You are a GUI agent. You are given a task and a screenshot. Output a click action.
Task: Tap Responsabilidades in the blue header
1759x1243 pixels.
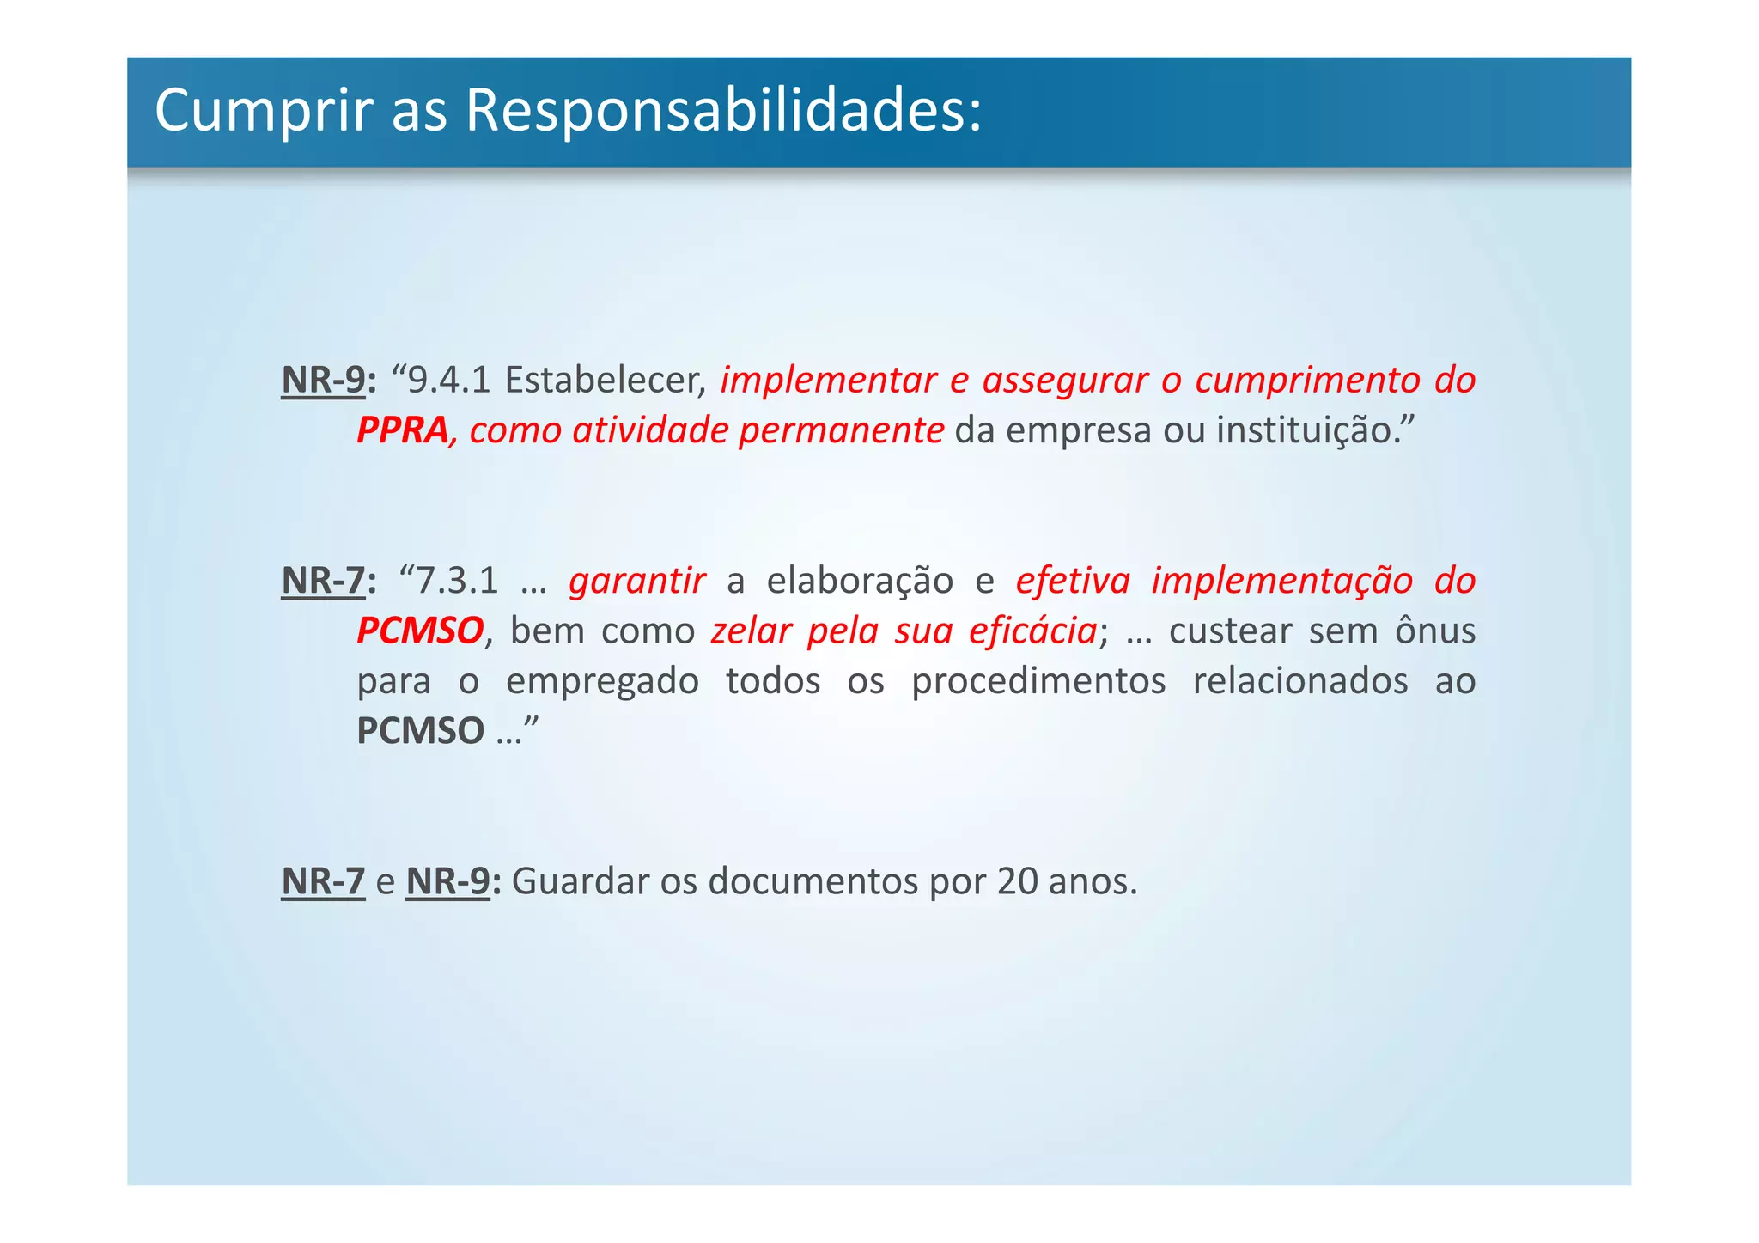723,112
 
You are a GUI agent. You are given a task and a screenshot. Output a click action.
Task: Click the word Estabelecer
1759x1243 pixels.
606,381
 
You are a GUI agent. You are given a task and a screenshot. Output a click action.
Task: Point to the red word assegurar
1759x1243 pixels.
1065,381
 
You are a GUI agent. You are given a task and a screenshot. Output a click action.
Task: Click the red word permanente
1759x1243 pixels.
841,430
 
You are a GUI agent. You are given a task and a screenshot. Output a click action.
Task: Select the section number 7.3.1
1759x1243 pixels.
457,582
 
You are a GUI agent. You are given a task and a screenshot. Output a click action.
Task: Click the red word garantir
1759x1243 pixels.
637,582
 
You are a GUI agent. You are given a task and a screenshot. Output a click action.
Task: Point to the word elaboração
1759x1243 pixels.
860,582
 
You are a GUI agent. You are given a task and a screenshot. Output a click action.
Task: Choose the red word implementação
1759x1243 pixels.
1281,582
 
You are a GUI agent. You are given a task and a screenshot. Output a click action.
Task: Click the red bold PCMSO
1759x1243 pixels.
420,631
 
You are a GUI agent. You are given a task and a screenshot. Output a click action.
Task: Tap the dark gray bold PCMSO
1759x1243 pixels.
420,731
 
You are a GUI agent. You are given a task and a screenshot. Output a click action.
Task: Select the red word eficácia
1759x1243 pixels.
1032,631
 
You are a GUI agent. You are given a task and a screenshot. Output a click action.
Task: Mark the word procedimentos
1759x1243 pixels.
1038,681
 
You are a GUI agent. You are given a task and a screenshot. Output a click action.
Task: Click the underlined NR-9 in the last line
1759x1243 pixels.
447,881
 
